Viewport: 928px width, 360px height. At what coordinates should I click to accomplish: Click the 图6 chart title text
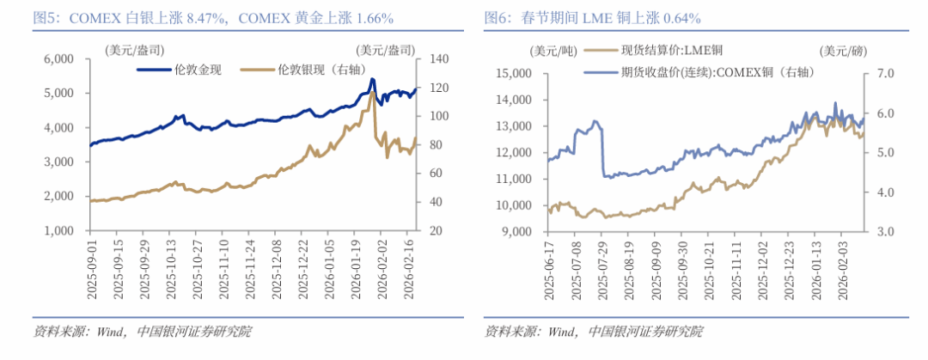[593, 17]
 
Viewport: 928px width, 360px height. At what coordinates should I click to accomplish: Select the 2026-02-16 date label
[412, 269]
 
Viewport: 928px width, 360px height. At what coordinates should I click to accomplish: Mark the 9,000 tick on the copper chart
[519, 232]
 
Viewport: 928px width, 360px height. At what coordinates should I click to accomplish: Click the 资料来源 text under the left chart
[52, 332]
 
